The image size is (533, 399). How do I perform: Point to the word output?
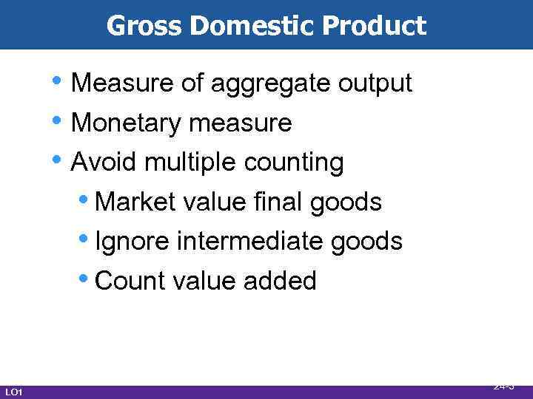point(375,84)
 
